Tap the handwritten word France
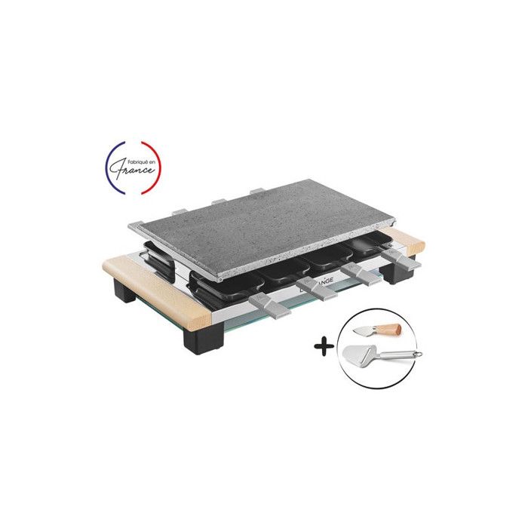[134, 171]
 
